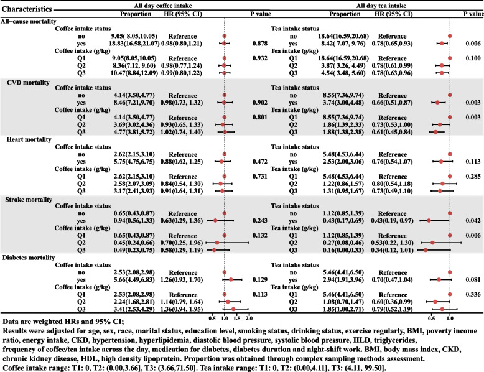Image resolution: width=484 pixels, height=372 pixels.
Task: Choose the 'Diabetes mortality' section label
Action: click(30, 257)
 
